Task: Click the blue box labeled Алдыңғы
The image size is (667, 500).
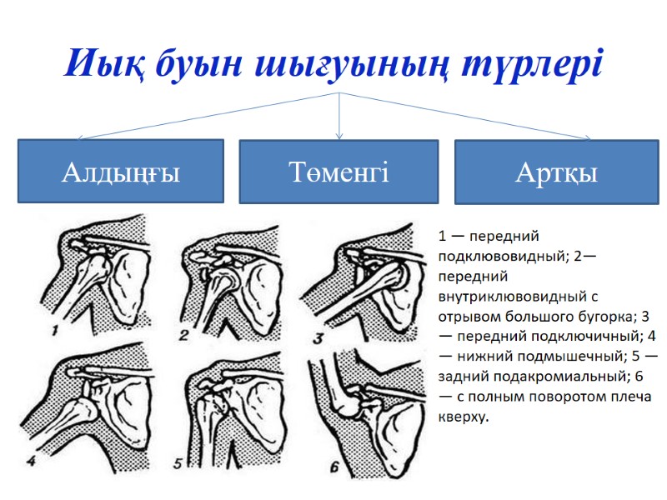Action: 121,172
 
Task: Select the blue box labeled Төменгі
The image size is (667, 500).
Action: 339,172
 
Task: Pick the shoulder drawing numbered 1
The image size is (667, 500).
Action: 100,279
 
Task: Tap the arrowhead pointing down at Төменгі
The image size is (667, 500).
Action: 339,134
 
